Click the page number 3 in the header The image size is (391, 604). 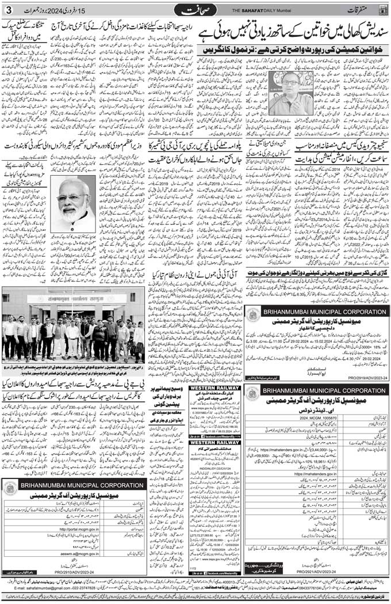[x=9, y=10]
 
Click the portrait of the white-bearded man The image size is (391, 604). [x=73, y=203]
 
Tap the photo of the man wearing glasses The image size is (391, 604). [x=290, y=93]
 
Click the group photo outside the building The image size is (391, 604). [x=73, y=332]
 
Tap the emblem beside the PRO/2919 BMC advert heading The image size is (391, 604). [x=252, y=314]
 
